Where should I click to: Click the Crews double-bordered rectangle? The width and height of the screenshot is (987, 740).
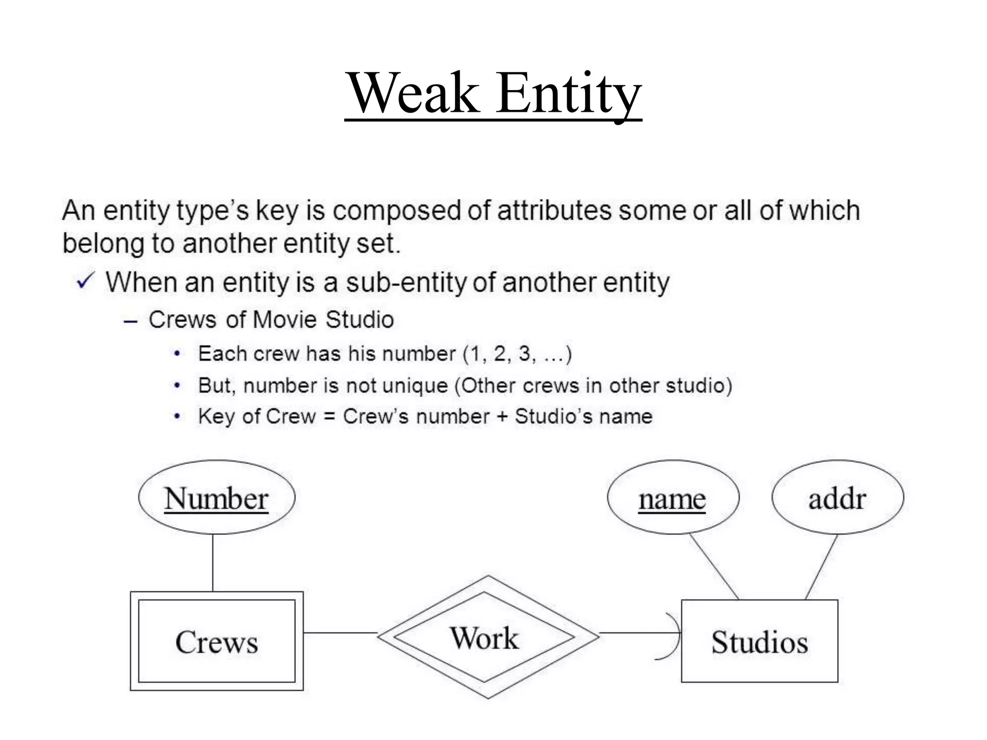tap(216, 641)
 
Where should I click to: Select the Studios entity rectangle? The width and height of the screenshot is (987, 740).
tap(760, 641)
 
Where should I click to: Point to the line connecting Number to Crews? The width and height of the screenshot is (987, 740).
tap(213, 563)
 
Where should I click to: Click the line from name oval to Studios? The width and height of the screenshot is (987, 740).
tap(714, 567)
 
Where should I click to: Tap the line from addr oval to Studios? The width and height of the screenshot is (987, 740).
tap(821, 567)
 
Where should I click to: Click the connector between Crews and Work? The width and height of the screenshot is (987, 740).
tap(340, 633)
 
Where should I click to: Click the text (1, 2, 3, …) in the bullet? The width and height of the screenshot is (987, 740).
tap(517, 354)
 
